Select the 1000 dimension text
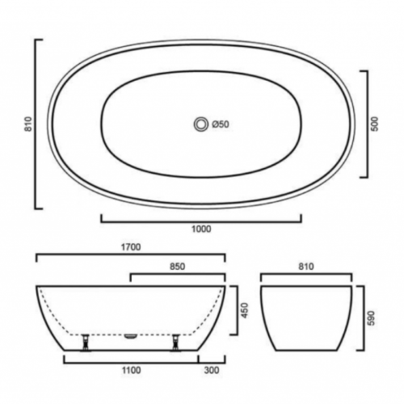coord(201,229)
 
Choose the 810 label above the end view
coord(306,265)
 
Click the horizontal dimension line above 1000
coord(201,218)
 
